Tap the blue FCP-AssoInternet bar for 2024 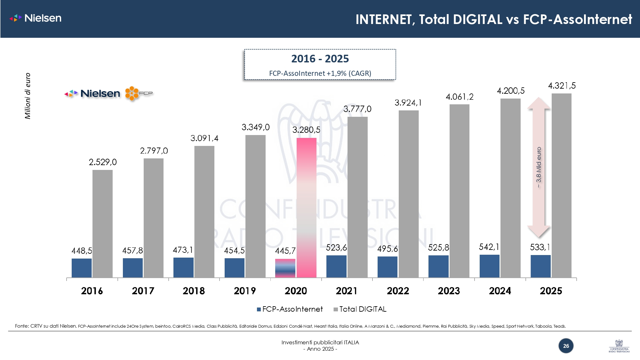click(489, 266)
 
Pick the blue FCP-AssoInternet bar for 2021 click(336, 266)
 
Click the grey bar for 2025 click(561, 185)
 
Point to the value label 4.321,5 click(562, 86)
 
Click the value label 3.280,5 click(306, 130)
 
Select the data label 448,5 click(82, 251)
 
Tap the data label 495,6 click(388, 249)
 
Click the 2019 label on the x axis click(245, 291)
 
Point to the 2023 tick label click(449, 291)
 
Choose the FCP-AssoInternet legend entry click(290, 309)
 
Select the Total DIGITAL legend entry click(360, 309)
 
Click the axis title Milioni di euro click(28, 96)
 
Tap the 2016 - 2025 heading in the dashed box click(320, 59)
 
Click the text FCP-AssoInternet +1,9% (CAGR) click(320, 73)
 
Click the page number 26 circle click(566, 346)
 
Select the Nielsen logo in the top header click(36, 18)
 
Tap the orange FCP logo click(139, 93)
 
